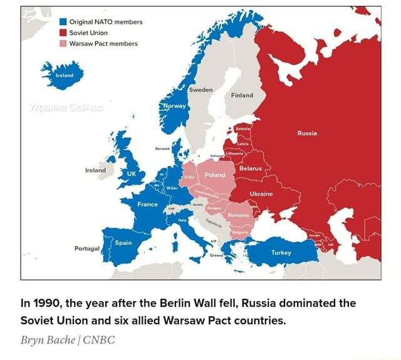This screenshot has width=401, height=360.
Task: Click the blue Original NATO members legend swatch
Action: pyautogui.click(x=63, y=21)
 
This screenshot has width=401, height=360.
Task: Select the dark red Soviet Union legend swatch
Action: pyautogui.click(x=63, y=33)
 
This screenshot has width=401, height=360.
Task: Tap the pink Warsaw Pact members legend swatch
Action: pyautogui.click(x=63, y=44)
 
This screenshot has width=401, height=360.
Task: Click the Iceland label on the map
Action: pyautogui.click(x=65, y=75)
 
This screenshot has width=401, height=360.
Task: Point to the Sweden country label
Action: pyautogui.click(x=200, y=90)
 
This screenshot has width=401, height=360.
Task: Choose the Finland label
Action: pyautogui.click(x=242, y=96)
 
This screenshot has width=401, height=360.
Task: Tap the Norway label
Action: pyautogui.click(x=174, y=106)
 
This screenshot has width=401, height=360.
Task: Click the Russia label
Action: pyautogui.click(x=307, y=133)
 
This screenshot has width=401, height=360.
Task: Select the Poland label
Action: pyautogui.click(x=215, y=175)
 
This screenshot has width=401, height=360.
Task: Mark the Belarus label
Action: pyautogui.click(x=250, y=168)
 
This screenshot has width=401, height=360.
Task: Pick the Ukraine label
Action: pyautogui.click(x=261, y=194)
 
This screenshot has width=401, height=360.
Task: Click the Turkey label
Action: pyautogui.click(x=281, y=253)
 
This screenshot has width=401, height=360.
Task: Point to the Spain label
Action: pyautogui.click(x=123, y=242)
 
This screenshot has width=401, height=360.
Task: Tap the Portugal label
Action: pyautogui.click(x=86, y=249)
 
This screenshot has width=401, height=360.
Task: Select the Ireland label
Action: pyautogui.click(x=96, y=170)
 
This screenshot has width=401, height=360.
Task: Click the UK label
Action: pyautogui.click(x=132, y=173)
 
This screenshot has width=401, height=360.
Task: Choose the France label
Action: pyautogui.click(x=147, y=204)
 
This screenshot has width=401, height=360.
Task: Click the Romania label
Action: pyautogui.click(x=238, y=215)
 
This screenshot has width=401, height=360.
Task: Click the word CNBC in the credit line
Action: pyautogui.click(x=99, y=340)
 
